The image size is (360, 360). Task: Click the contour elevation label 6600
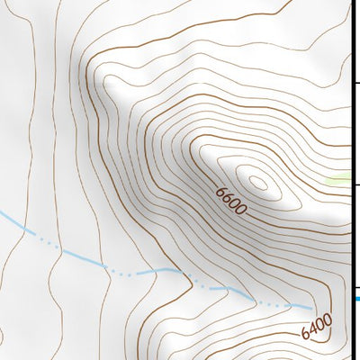point(231,201)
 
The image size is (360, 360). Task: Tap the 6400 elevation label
point(317,326)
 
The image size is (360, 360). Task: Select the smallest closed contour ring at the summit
point(258,183)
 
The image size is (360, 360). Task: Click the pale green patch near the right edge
point(341,180)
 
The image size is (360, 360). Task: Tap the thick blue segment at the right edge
point(356,298)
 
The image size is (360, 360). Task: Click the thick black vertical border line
point(351,135)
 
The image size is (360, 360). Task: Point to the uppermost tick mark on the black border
point(355,84)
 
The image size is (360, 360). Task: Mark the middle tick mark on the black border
point(355,186)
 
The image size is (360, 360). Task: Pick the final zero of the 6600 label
point(241,210)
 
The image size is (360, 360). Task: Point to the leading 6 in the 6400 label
point(306,334)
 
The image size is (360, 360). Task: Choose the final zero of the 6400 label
point(328,318)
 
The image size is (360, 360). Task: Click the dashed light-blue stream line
point(135,269)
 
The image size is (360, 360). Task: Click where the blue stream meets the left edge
point(2,214)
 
